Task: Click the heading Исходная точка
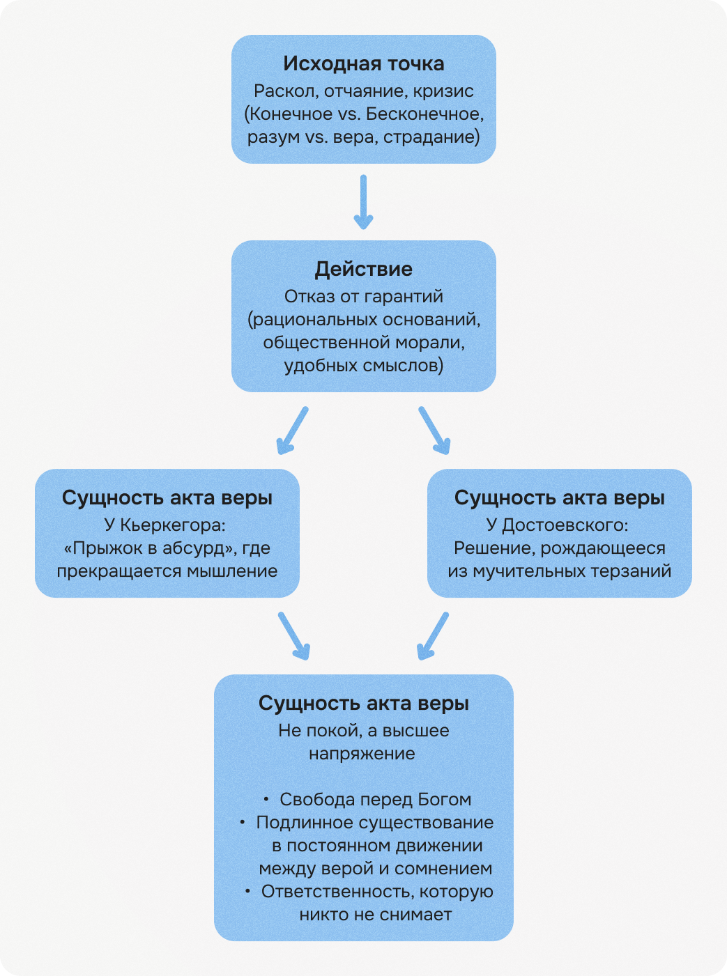point(363,64)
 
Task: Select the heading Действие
point(363,270)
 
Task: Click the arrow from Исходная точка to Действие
point(363,202)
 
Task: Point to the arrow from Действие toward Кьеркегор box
point(292,431)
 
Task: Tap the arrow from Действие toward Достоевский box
point(434,431)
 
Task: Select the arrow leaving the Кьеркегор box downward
point(293,635)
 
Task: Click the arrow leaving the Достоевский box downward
point(433,635)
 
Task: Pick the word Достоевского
point(565,525)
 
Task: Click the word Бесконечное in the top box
point(424,114)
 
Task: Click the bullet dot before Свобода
point(266,799)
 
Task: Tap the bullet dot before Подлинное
point(243,822)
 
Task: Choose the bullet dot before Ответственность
point(247,891)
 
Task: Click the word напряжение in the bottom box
point(362,754)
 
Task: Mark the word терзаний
point(631,571)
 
